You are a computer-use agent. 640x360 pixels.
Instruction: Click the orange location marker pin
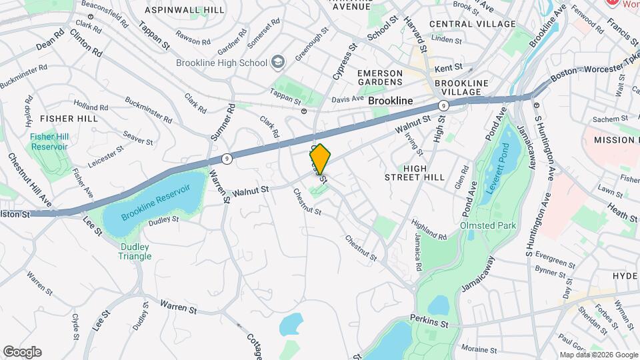click(x=320, y=159)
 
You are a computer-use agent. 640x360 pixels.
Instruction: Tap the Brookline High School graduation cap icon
click(x=277, y=63)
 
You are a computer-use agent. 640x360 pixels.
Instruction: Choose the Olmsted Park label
click(x=488, y=225)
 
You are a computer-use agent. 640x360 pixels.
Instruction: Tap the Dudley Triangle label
click(x=135, y=251)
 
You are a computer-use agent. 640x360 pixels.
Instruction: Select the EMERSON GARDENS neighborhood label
click(x=380, y=77)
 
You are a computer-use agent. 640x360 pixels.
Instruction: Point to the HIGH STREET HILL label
click(x=414, y=172)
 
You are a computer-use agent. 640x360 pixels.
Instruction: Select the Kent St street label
click(x=448, y=68)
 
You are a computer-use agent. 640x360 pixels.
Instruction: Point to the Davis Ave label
click(x=347, y=99)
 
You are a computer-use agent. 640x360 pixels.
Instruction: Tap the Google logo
click(x=22, y=352)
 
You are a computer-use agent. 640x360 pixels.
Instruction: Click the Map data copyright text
click(x=598, y=355)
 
